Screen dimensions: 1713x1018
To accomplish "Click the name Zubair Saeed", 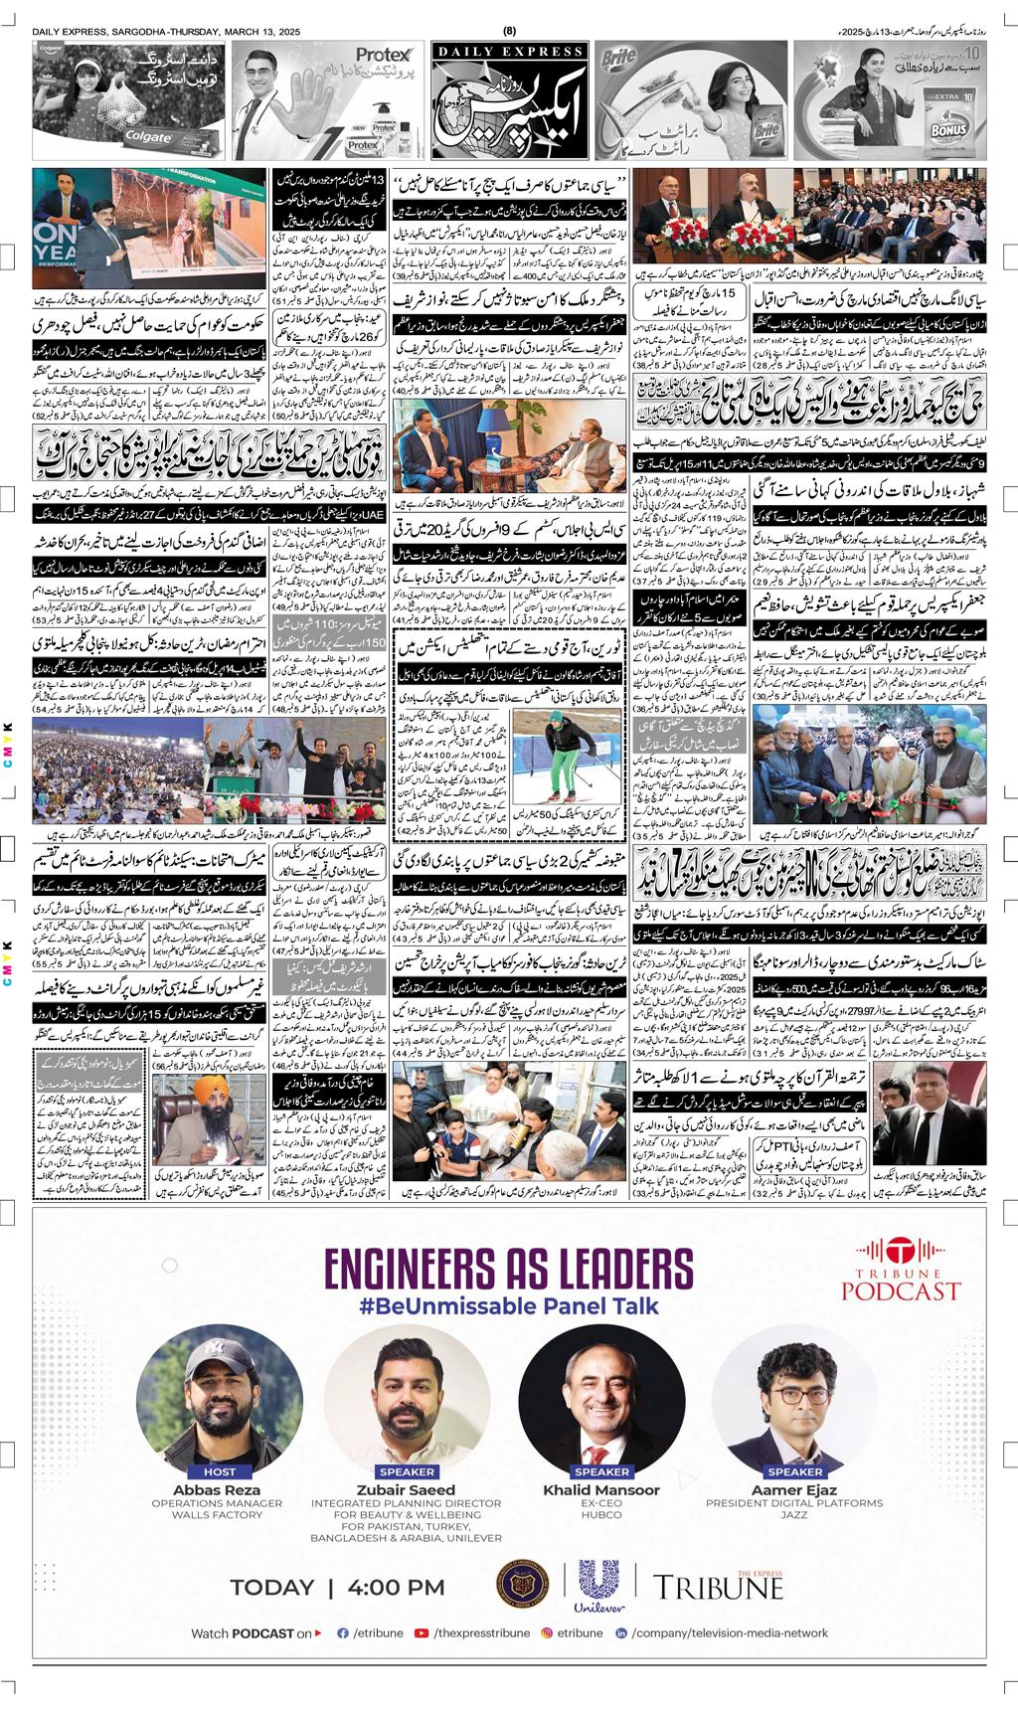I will (x=407, y=1489).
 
